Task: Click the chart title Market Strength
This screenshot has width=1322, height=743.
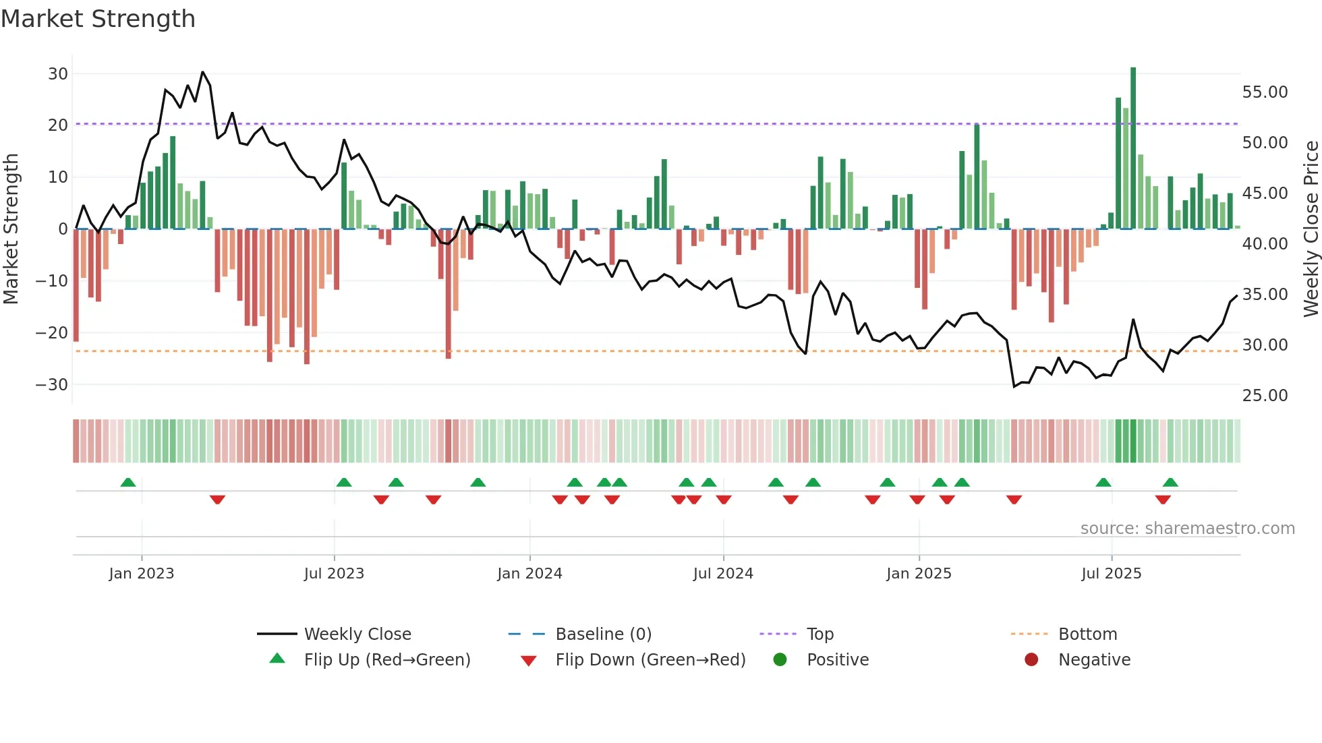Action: click(98, 19)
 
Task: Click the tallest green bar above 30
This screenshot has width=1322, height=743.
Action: click(1133, 148)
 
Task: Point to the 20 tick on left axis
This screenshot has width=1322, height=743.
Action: click(58, 125)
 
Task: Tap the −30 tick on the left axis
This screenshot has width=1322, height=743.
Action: click(52, 384)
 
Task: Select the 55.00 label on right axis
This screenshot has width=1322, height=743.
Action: click(1265, 92)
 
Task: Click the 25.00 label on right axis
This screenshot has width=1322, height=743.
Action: click(1265, 395)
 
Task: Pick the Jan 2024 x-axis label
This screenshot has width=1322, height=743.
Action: click(529, 573)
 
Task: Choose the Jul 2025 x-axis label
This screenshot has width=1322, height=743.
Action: click(1111, 573)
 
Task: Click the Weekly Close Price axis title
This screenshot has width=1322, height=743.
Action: click(1311, 229)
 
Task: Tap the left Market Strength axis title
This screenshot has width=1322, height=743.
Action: click(11, 229)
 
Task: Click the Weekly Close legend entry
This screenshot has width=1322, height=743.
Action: click(357, 634)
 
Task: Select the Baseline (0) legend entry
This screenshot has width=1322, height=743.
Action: click(603, 634)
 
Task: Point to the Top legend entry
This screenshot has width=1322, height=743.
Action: click(820, 634)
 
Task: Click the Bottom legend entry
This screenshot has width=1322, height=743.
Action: click(1087, 634)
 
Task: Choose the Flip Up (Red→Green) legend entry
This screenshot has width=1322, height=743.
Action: click(386, 659)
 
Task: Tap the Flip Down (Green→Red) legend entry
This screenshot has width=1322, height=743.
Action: click(650, 659)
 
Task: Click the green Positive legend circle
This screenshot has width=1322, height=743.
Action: click(780, 659)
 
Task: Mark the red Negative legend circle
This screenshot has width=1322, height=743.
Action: click(1031, 659)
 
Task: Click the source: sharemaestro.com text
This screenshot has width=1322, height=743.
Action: click(1187, 528)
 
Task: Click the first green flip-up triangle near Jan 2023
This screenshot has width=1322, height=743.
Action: click(128, 482)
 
